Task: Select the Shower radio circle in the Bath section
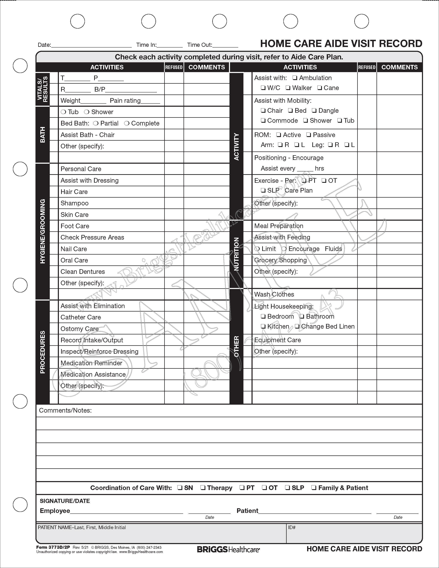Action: pyautogui.click(x=87, y=112)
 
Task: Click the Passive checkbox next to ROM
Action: pyautogui.click(x=309, y=135)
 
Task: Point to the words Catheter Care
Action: pyautogui.click(x=81, y=317)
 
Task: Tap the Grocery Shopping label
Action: pyautogui.click(x=280, y=260)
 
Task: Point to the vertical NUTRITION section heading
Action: pyautogui.click(x=236, y=254)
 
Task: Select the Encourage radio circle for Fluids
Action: pyautogui.click(x=284, y=249)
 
